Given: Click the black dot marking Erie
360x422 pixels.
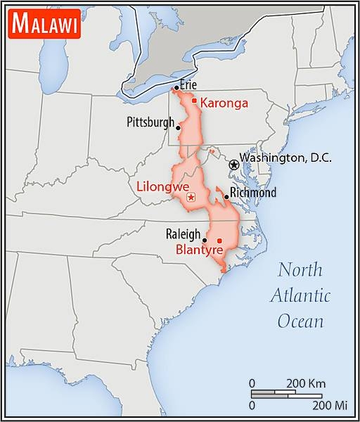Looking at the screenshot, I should coord(176,88).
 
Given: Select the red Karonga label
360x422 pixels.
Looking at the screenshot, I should coord(224,103).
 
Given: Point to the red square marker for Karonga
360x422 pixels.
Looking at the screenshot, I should coord(194,101).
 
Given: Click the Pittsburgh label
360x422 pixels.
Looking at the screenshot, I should coord(150,122).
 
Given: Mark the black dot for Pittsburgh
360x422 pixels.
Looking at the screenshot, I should coord(179,128).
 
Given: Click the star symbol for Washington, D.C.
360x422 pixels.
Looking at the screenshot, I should coord(233,163).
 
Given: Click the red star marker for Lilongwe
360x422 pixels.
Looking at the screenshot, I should coord(191,199).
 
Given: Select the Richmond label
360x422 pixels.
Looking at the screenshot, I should coord(254,192).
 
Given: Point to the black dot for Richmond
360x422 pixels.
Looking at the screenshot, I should coord(226,197).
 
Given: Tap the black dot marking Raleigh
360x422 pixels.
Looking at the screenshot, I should coord(205,240).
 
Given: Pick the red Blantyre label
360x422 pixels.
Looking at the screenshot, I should coord(200,250).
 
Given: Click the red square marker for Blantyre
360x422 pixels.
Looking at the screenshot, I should coord(219,241).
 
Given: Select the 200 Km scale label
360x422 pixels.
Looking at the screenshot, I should coord(305,383).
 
